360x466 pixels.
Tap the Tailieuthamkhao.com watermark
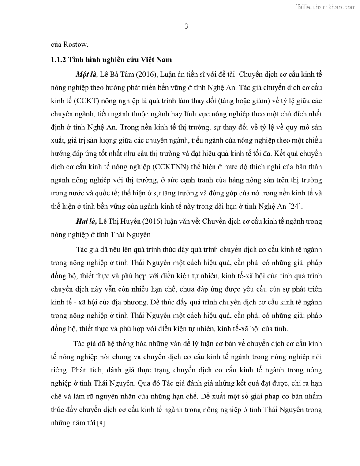coord(326,7)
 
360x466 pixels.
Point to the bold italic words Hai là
coord(86,222)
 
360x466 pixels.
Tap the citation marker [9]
coord(101,423)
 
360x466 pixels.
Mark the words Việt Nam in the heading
coord(156,60)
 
